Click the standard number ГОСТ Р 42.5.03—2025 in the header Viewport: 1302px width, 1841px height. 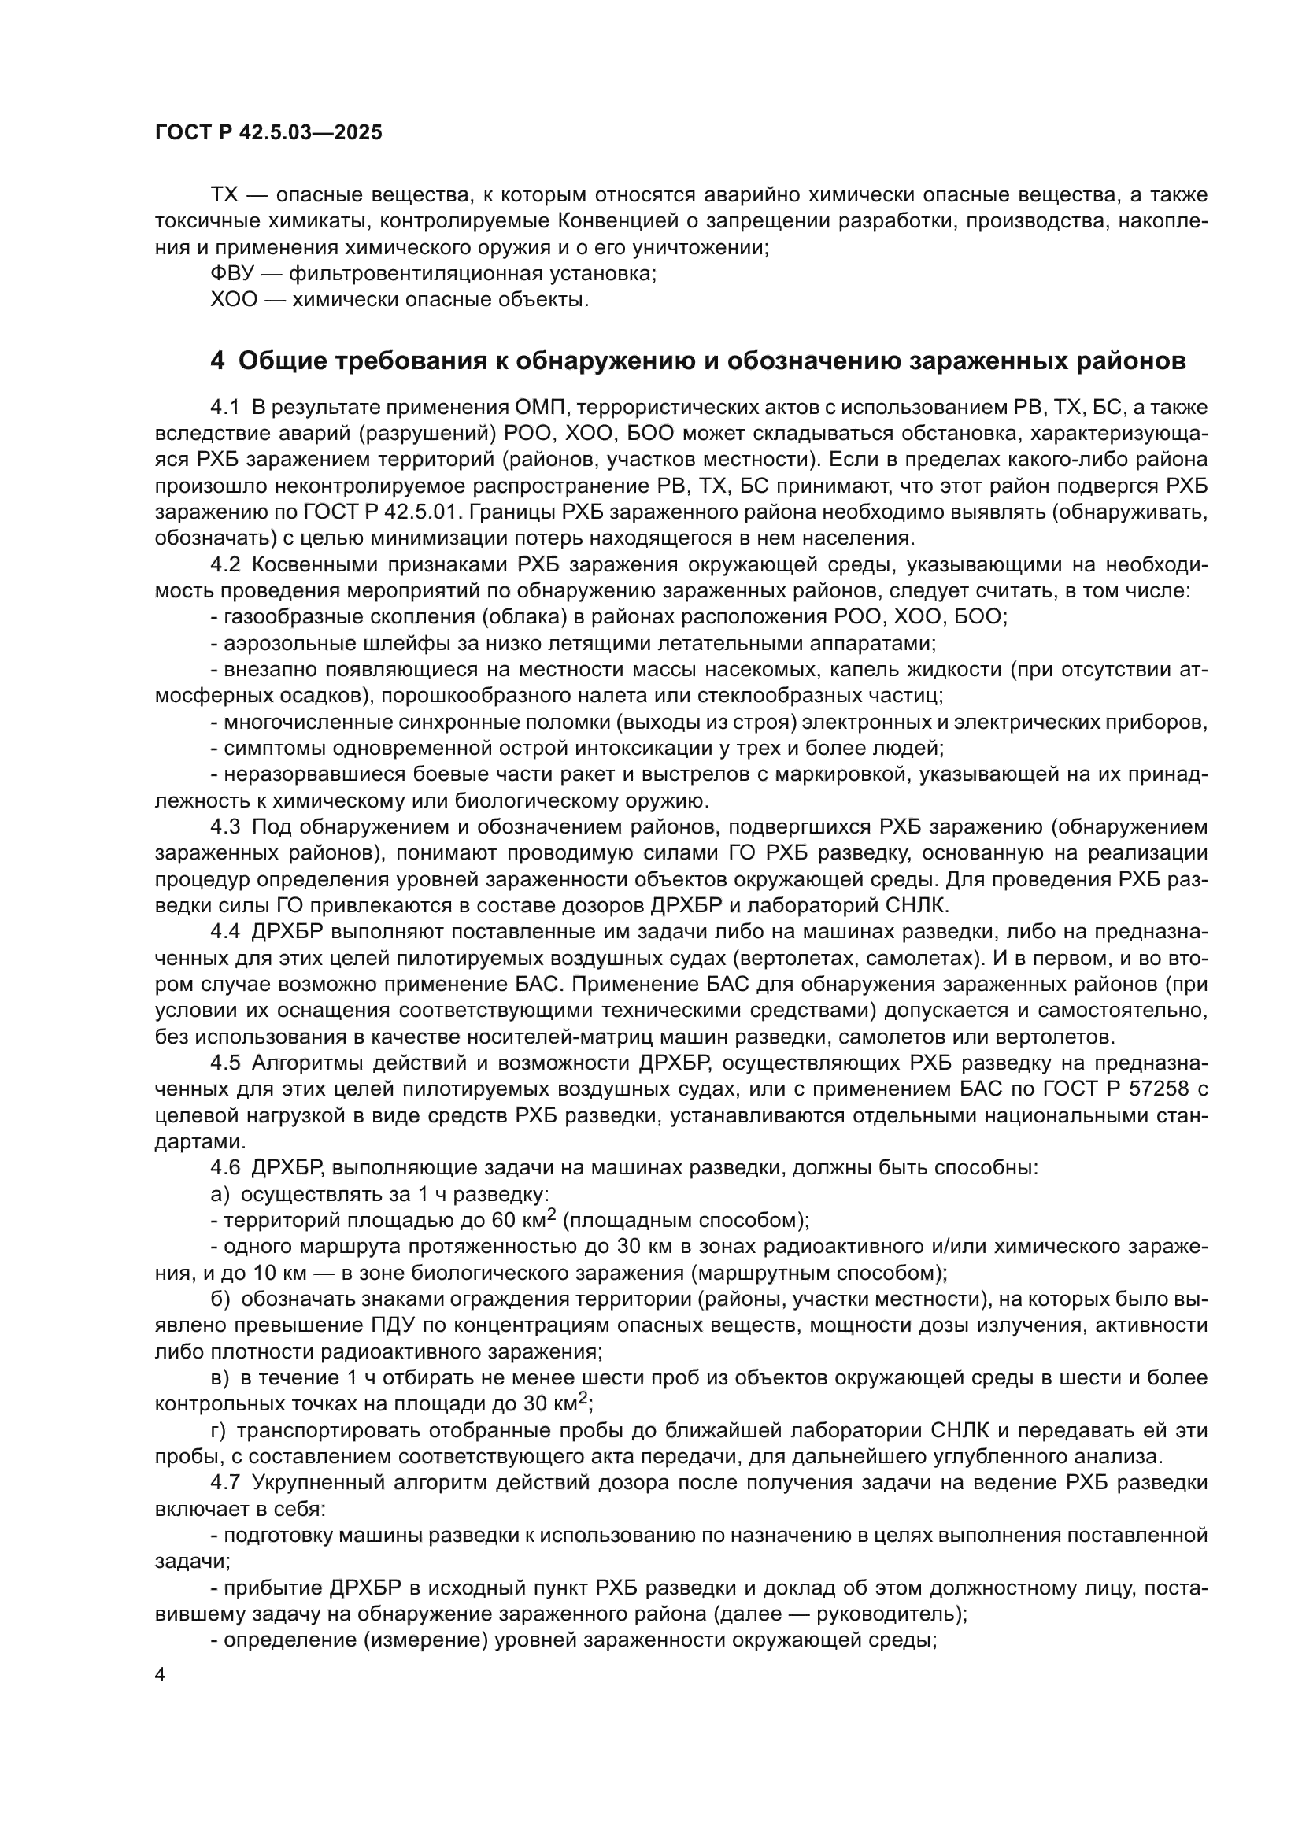coord(268,133)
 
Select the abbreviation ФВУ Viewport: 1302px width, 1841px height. coord(231,274)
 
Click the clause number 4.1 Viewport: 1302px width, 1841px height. coord(225,408)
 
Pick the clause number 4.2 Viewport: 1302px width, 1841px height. coord(225,565)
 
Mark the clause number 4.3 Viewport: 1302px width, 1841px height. coord(225,826)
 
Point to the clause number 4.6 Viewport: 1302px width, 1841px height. coord(225,1168)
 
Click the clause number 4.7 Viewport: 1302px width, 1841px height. coord(225,1484)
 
